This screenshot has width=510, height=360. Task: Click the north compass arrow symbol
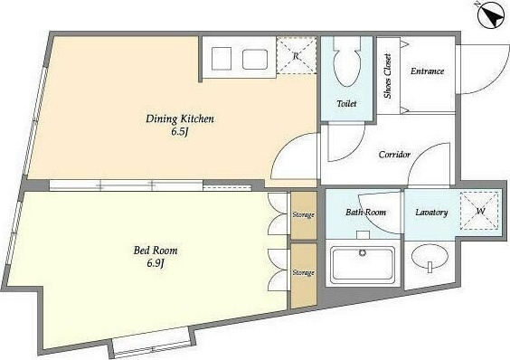[x=490, y=15]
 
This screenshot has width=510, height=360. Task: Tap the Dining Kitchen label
[x=180, y=118]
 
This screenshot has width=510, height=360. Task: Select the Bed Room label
[x=156, y=251]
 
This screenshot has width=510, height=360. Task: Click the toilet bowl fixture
[x=347, y=62]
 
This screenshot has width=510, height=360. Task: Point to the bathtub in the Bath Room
[x=363, y=265]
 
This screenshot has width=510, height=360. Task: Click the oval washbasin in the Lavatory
[x=430, y=257]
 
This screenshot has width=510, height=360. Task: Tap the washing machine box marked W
[x=479, y=211]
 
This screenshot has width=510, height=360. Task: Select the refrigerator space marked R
[x=296, y=56]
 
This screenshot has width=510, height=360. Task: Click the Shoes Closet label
[x=388, y=76]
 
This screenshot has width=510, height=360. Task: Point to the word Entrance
[x=427, y=71]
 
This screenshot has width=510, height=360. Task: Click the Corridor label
[x=394, y=155]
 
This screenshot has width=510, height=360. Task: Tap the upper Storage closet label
[x=303, y=215]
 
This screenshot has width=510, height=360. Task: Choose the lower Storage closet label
[x=303, y=272]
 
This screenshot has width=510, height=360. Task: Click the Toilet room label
[x=346, y=104]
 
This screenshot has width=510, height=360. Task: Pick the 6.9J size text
[x=155, y=263]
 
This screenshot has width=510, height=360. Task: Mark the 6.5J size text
[x=180, y=131]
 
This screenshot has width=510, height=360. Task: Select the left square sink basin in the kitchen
[x=222, y=59]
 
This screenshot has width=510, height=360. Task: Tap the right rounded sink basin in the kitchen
[x=255, y=59]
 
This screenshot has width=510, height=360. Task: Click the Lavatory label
[x=431, y=213]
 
